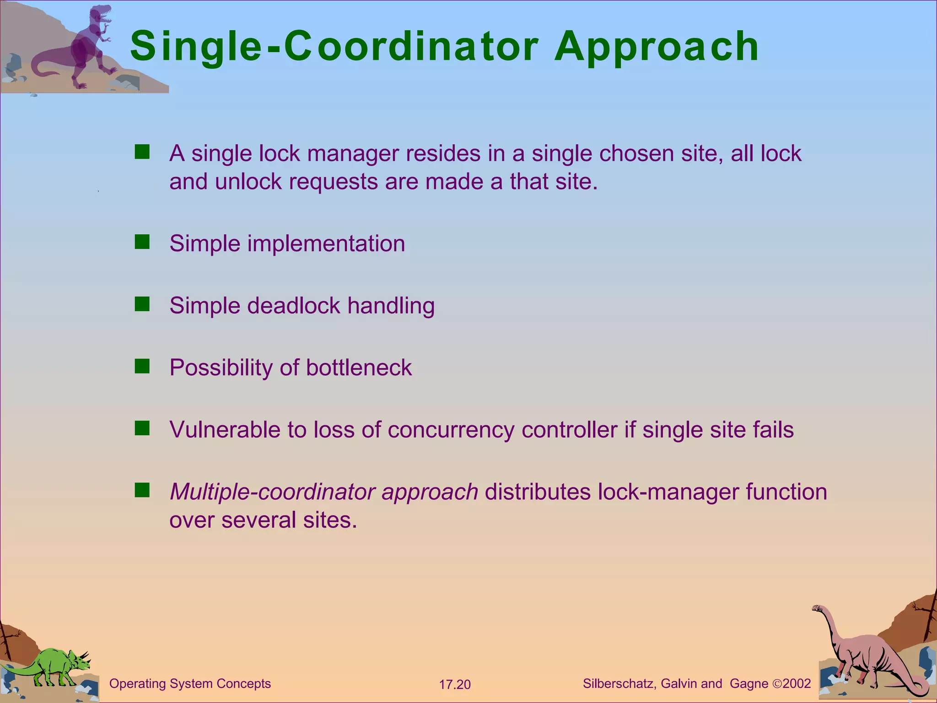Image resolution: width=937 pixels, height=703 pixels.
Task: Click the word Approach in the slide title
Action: pyautogui.click(x=657, y=47)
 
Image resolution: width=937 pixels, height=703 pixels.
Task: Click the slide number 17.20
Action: pyautogui.click(x=455, y=685)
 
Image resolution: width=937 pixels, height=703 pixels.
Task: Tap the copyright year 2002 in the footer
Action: pyautogui.click(x=797, y=684)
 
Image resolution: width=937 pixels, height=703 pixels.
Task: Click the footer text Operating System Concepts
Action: pyautogui.click(x=190, y=684)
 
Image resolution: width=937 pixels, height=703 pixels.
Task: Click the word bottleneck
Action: pyautogui.click(x=359, y=368)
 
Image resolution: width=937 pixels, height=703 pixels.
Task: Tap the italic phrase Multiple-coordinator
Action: pyautogui.click(x=272, y=492)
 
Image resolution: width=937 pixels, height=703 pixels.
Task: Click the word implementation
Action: pyautogui.click(x=326, y=243)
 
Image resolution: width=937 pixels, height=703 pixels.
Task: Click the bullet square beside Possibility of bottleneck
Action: pyautogui.click(x=142, y=366)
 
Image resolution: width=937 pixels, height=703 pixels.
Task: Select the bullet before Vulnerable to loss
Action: pyautogui.click(x=142, y=428)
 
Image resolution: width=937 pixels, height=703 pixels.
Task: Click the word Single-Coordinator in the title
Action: pyautogui.click(x=334, y=47)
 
